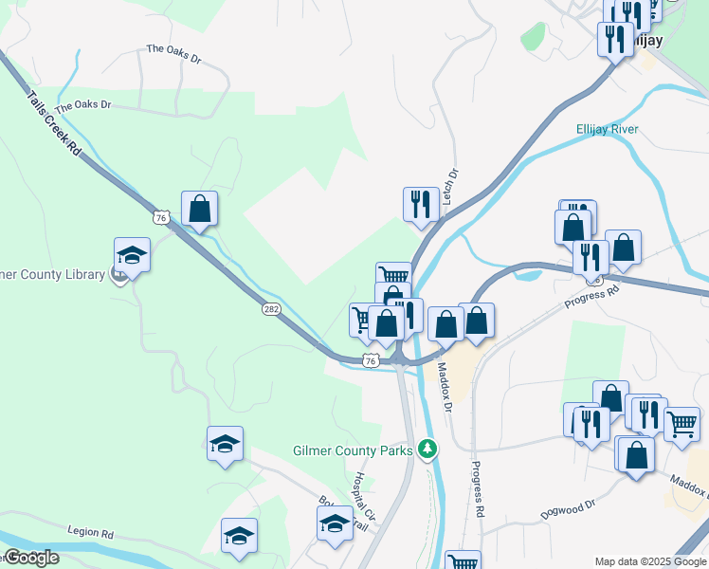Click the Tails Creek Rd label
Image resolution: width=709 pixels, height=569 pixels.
pyautogui.click(x=54, y=124)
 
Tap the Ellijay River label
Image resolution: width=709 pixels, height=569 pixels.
pyautogui.click(x=607, y=129)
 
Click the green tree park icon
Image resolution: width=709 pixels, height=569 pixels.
pyautogui.click(x=428, y=448)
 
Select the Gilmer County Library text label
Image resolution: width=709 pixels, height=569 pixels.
pyautogui.click(x=52, y=275)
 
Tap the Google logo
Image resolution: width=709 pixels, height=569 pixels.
pyautogui.click(x=30, y=558)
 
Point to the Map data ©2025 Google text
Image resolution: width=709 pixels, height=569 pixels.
pyautogui.click(x=650, y=561)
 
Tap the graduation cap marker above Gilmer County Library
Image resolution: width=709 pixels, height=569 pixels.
pyautogui.click(x=132, y=254)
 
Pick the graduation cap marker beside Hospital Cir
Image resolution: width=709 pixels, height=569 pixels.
pyautogui.click(x=335, y=523)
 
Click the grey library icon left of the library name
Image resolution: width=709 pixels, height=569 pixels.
pyautogui.click(x=118, y=276)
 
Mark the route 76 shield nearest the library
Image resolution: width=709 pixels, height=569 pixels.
pyautogui.click(x=163, y=218)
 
